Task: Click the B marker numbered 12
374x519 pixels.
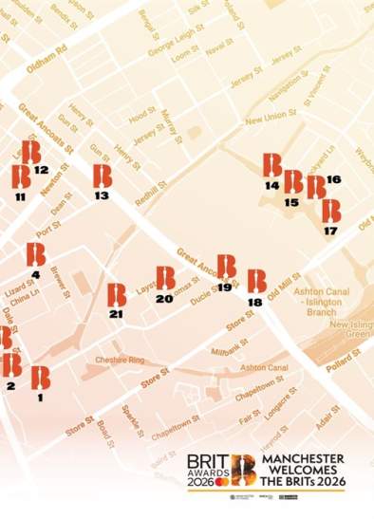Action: coord(31,152)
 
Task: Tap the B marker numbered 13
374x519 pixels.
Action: coord(103,176)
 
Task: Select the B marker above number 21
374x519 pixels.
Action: coord(117,295)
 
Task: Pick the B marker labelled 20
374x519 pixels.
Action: coord(165,278)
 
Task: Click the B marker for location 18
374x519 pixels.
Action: coord(256,282)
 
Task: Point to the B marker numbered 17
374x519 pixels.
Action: coord(330,211)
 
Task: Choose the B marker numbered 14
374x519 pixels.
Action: coord(272,165)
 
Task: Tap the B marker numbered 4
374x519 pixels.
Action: coord(36,254)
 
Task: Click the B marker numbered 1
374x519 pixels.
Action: coord(40,378)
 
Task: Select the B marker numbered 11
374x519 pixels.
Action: coord(21,177)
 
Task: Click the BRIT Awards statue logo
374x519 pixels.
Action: coord(244,468)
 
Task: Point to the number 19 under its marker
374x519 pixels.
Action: coord(225,287)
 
